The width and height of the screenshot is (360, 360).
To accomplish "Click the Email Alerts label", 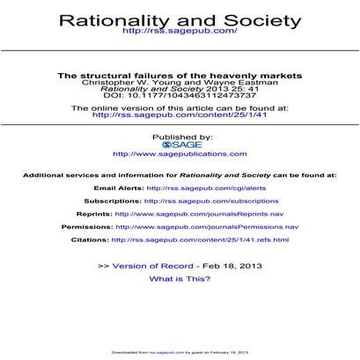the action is [118, 187].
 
